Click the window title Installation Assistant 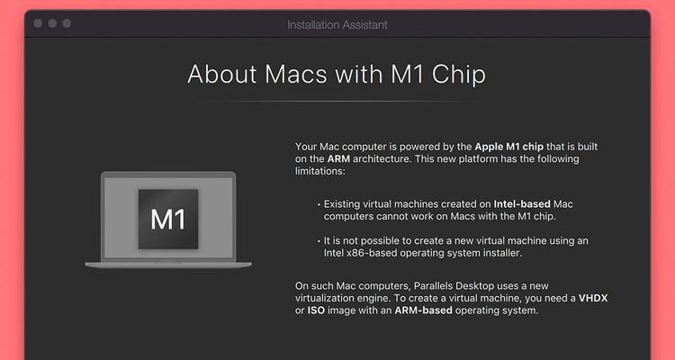click(x=337, y=25)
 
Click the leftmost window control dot click(x=38, y=23)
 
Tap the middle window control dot click(x=52, y=23)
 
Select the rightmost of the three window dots click(x=67, y=23)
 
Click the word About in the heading click(x=222, y=74)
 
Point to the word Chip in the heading click(x=459, y=75)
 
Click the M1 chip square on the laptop click(x=168, y=220)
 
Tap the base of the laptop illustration click(x=168, y=265)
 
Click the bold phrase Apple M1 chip click(x=508, y=147)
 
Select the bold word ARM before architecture click(x=338, y=159)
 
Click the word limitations click(x=319, y=171)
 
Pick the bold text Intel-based click(x=522, y=203)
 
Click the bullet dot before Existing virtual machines click(x=319, y=205)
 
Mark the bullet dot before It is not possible click(x=319, y=241)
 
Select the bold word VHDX click(x=593, y=298)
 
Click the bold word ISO click(x=316, y=310)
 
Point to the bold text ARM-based click(x=423, y=310)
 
